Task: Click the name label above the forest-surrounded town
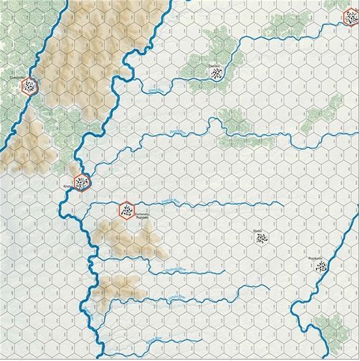[214, 65]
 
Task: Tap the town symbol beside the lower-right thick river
[321, 268]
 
